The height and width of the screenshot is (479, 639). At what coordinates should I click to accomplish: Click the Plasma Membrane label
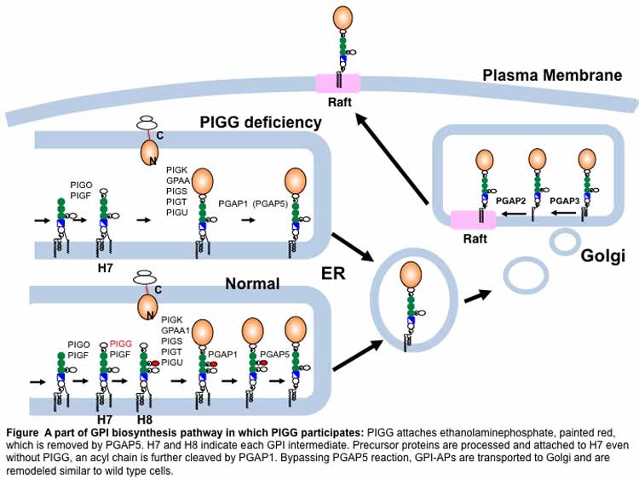point(552,76)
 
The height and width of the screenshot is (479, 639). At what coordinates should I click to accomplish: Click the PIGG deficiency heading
point(260,123)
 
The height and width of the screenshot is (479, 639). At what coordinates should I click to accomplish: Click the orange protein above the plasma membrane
point(342,19)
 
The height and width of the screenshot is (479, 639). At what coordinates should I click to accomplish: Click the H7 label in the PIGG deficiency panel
point(106,270)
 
